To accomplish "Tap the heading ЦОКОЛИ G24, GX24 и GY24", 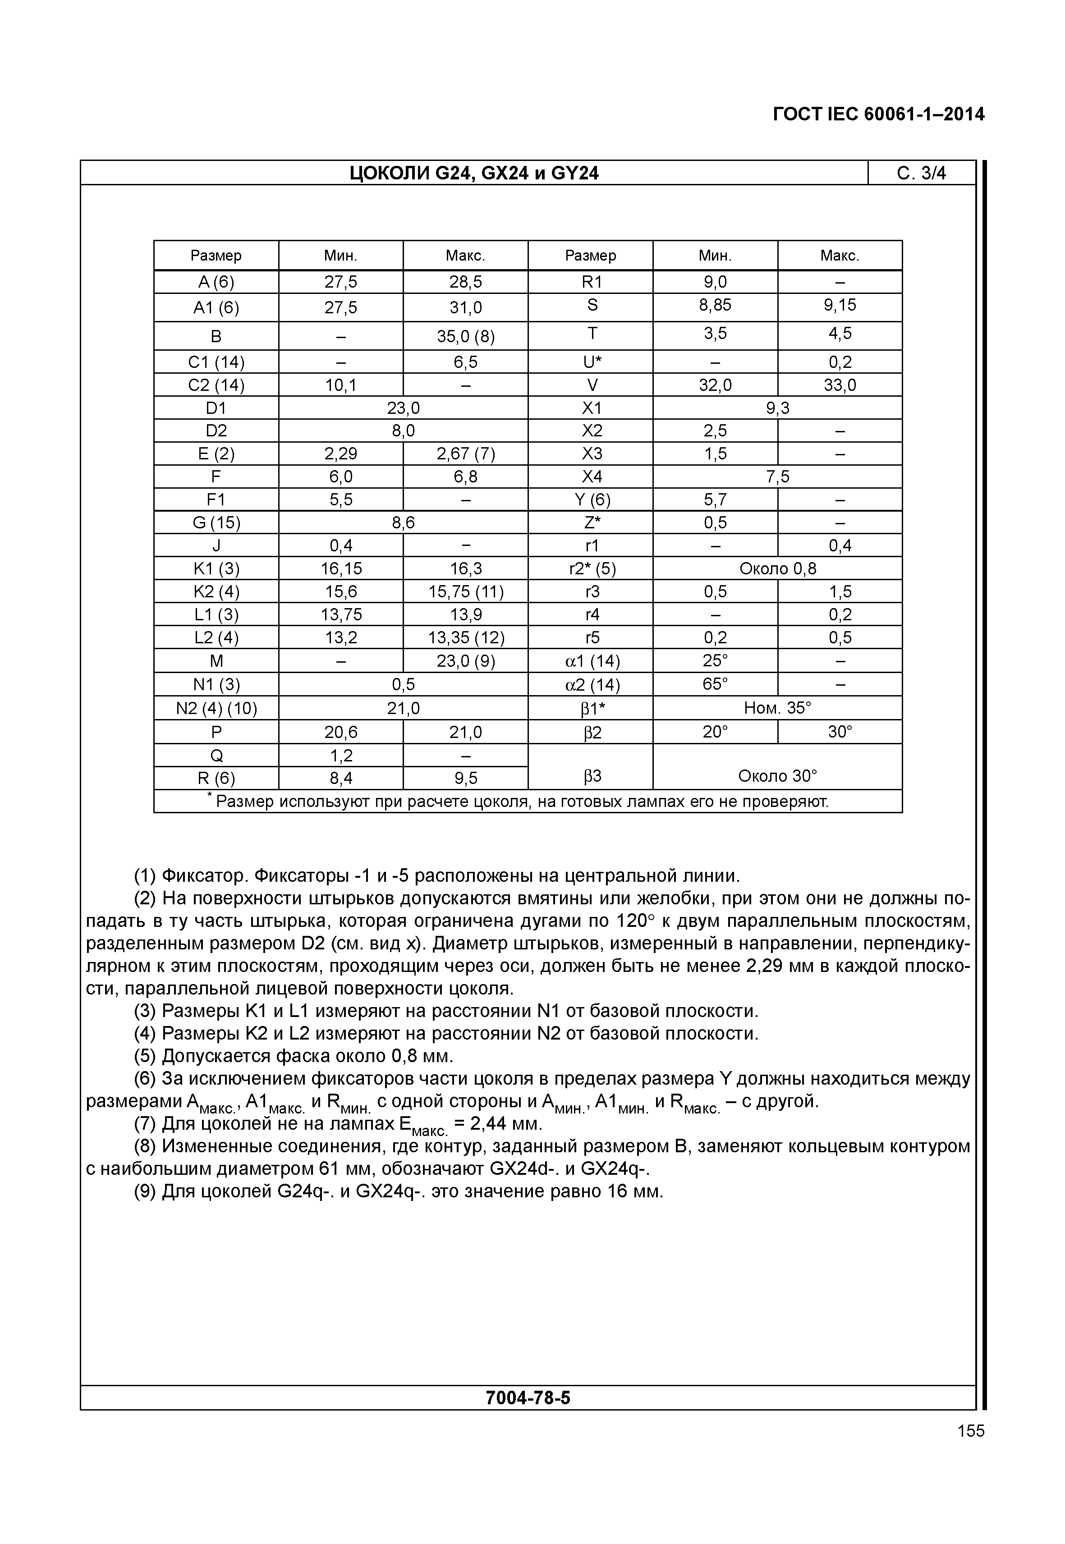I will click(x=474, y=174).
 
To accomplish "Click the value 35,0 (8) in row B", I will click(x=466, y=336).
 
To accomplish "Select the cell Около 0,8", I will click(x=777, y=568).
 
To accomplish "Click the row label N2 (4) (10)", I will click(x=216, y=708).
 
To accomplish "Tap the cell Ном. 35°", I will click(x=777, y=708).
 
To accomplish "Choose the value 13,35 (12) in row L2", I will click(x=466, y=638).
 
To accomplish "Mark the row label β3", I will click(x=591, y=776).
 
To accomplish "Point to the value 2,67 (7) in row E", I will click(x=466, y=454).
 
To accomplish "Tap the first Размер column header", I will click(x=216, y=256).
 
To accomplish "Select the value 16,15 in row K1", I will click(x=341, y=568).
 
